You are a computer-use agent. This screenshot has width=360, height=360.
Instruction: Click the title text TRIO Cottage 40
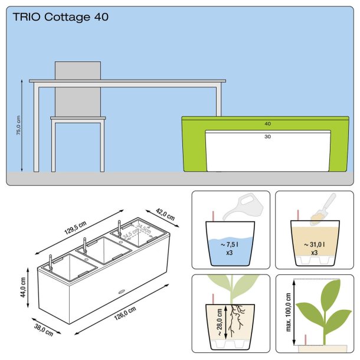61,17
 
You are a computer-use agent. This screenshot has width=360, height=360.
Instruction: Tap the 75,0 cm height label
19,126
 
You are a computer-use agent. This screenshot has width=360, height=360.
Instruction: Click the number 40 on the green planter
267,124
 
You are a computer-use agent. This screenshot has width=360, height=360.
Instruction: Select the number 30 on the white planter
267,136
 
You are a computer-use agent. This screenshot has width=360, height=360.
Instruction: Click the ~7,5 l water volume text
230,243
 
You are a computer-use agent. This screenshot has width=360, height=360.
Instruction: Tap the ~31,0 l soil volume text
314,243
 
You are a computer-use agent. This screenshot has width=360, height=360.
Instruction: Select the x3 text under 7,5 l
230,252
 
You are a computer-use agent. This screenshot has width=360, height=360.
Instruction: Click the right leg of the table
218,100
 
